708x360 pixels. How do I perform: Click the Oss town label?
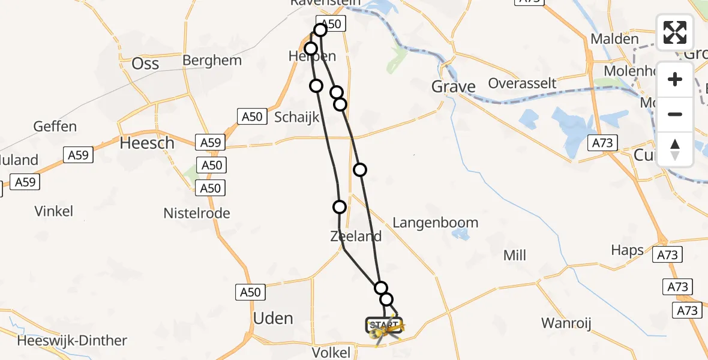pos(145,63)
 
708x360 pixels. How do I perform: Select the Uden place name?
pos(274,318)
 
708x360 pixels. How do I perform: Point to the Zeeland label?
pos(356,236)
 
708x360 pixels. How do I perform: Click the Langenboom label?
pos(435,223)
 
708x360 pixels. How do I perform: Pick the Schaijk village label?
pos(296,117)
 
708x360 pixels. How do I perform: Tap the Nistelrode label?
pos(197,213)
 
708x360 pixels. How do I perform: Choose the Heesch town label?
pos(147,143)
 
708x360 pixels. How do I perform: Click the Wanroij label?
pos(566,323)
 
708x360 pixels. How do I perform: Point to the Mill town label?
pos(515,256)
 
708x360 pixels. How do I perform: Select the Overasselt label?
pos(523,83)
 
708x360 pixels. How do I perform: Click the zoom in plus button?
pos(675,79)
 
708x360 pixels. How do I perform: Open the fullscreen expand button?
pos(675,32)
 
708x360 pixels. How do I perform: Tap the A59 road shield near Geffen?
pos(78,155)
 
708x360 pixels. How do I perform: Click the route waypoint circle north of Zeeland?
pos(340,207)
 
